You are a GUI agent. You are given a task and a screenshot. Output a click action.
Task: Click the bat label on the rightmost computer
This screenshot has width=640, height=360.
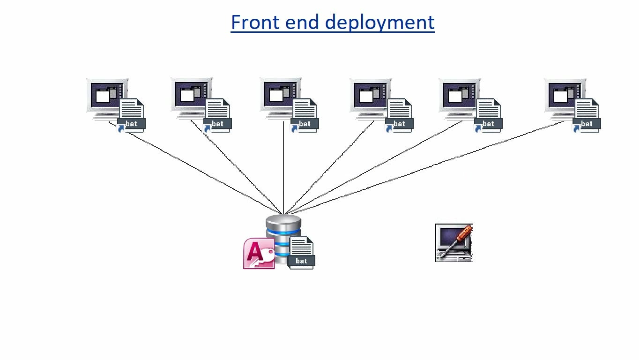click(587, 124)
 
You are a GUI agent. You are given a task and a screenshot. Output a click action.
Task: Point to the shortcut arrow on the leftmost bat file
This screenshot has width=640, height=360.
click(121, 128)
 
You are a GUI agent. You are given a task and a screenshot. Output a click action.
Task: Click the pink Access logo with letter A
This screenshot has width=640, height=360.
click(258, 253)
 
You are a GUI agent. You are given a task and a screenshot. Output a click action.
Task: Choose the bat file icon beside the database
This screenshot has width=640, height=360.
click(301, 252)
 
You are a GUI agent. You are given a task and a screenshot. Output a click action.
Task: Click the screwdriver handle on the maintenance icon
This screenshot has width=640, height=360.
click(464, 232)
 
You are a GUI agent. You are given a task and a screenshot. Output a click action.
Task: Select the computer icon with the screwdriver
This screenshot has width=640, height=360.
click(454, 243)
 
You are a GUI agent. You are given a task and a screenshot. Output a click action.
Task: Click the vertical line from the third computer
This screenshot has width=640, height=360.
click(283, 169)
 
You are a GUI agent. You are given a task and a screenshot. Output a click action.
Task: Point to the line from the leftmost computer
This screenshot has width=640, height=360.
click(197, 169)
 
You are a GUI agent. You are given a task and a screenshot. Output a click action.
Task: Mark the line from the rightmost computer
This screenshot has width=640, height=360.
click(422, 169)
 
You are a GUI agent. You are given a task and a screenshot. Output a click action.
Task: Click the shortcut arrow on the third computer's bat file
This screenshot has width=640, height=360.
click(295, 128)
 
